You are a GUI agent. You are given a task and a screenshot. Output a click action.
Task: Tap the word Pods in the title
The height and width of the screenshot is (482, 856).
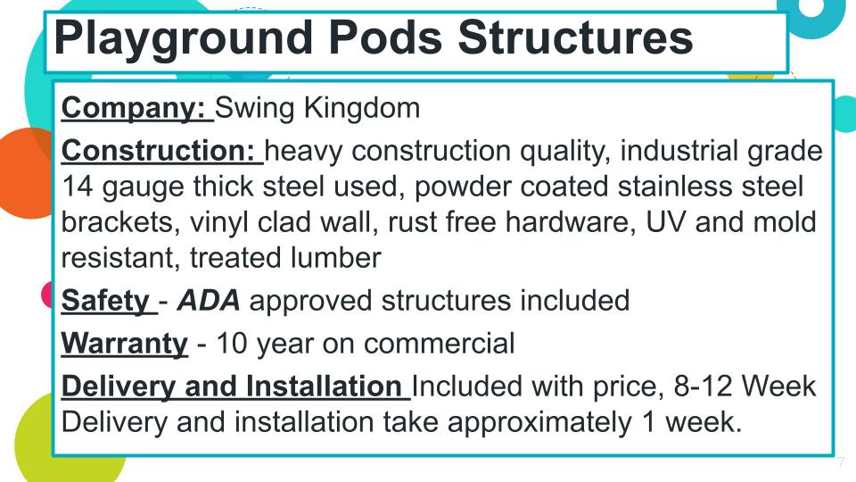(x=385, y=37)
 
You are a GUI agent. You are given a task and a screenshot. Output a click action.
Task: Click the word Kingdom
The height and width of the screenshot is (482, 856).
(x=362, y=108)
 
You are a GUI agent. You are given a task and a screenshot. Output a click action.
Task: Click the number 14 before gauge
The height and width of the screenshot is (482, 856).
(x=77, y=187)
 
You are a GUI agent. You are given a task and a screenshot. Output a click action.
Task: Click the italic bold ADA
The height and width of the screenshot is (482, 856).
(x=209, y=301)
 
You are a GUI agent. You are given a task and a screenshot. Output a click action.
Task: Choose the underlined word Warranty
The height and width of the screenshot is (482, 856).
(x=125, y=345)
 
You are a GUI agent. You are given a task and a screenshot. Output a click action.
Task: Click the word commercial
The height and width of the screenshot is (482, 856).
(x=439, y=344)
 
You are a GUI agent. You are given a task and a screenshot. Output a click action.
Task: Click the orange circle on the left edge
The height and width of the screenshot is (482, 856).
(x=25, y=173)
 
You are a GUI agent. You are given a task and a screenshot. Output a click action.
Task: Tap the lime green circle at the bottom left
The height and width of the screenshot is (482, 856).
(x=54, y=443)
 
